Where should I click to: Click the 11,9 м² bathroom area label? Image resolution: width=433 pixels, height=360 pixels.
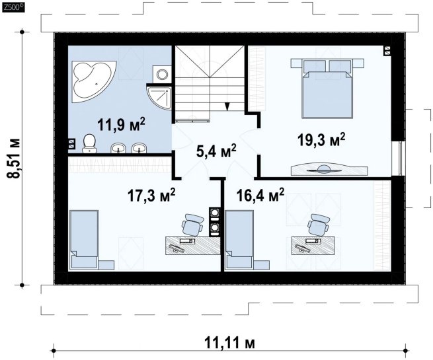(x=121, y=124)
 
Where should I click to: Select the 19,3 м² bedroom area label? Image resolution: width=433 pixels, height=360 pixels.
(x=321, y=139)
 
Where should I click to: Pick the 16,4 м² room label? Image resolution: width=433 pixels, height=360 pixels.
(x=260, y=195)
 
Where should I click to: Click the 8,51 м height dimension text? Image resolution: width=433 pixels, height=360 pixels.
(x=14, y=158)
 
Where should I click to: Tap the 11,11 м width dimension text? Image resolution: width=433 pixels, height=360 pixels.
(x=230, y=343)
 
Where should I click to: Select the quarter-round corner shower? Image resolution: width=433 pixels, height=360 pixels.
(x=159, y=96)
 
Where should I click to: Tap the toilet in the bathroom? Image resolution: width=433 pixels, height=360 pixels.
(x=89, y=143)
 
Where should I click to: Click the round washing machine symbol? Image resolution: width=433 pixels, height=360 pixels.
(x=162, y=74)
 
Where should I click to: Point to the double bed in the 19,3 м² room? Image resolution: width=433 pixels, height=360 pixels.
(x=327, y=89)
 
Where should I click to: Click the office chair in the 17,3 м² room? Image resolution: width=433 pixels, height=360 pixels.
(x=193, y=225)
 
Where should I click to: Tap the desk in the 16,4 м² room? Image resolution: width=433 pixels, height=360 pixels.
(x=313, y=245)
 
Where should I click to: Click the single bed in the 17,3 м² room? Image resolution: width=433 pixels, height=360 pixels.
(x=84, y=240)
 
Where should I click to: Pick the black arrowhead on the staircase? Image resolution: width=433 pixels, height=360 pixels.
(x=227, y=106)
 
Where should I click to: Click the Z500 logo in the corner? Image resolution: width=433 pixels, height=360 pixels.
(x=13, y=8)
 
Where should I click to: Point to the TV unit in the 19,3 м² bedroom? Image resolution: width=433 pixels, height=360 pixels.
(x=329, y=169)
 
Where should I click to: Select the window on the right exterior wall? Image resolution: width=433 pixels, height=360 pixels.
(x=400, y=159)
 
